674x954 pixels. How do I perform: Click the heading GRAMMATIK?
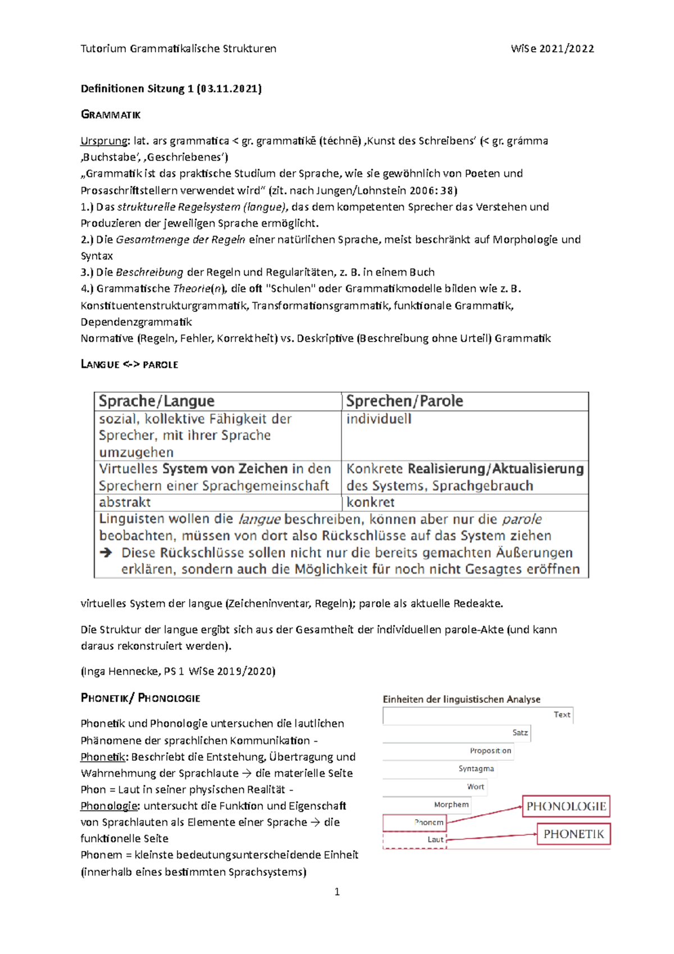click(111, 115)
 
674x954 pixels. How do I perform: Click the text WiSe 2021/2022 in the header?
click(552, 49)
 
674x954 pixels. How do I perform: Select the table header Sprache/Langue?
click(157, 401)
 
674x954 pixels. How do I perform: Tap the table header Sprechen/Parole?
click(404, 401)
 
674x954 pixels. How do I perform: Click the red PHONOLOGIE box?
click(566, 806)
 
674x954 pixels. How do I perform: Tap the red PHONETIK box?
click(573, 834)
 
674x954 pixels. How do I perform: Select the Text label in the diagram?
click(562, 715)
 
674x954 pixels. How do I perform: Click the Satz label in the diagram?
click(520, 733)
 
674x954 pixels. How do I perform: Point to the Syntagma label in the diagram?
click(476, 769)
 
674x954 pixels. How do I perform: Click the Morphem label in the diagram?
click(451, 805)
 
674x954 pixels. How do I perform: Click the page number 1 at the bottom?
click(337, 892)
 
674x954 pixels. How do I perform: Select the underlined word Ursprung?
click(104, 141)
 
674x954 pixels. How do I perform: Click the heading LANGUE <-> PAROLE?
click(129, 365)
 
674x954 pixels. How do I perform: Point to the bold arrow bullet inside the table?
click(106, 553)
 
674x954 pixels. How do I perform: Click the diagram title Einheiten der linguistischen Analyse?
click(461, 699)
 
